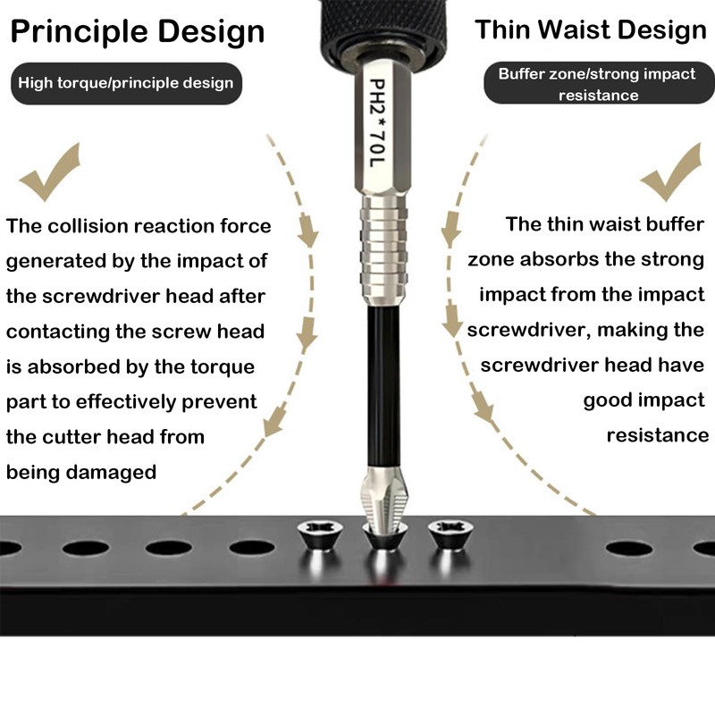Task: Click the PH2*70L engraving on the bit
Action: [377, 123]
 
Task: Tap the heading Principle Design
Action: [138, 32]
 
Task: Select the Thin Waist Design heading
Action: [591, 29]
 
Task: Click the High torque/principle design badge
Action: [126, 83]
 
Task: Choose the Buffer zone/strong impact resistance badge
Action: [599, 83]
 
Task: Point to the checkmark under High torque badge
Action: [50, 172]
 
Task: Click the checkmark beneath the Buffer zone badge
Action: [670, 172]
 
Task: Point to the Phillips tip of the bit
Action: [385, 498]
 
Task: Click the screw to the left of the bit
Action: [320, 534]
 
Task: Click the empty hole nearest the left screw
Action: [252, 548]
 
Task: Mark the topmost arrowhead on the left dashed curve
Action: [308, 231]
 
